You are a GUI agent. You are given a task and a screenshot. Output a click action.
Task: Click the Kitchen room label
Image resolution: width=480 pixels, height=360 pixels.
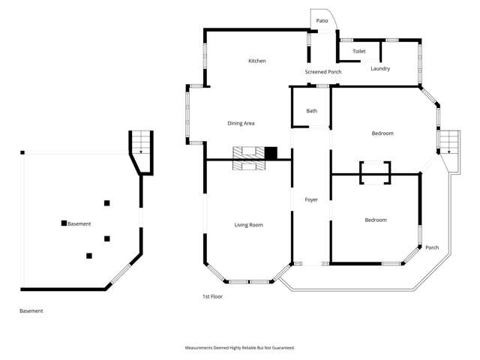pos(257,61)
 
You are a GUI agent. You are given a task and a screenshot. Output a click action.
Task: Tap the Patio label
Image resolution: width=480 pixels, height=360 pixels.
pos(322,21)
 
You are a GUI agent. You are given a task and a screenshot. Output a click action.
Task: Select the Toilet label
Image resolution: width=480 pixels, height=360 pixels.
pos(359,52)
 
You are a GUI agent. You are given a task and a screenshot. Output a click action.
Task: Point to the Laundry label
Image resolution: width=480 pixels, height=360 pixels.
pos(380,69)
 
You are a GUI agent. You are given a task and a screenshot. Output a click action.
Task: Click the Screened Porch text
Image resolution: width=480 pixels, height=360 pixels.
pos(323,72)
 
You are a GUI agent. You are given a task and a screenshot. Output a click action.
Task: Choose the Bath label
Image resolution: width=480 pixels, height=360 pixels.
pos(311,111)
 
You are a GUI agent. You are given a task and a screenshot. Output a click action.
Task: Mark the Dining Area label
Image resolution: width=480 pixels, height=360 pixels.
pos(243,123)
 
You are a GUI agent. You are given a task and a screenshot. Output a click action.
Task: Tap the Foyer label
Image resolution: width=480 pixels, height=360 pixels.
pos(311,199)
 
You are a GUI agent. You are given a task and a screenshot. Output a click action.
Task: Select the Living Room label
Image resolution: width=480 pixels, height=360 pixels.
pos(248,225)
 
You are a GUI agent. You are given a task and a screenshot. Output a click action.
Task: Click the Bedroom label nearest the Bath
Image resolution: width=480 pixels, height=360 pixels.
pos(382,133)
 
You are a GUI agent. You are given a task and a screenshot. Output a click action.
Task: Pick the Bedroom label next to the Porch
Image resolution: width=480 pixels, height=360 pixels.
pos(376,220)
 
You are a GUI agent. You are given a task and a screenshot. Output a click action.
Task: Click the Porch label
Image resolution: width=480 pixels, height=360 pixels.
pos(432,247)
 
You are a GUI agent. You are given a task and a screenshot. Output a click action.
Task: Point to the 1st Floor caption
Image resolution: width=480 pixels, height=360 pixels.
pos(212,296)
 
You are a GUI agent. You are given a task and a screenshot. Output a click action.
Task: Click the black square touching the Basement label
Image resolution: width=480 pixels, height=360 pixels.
pos(64,223)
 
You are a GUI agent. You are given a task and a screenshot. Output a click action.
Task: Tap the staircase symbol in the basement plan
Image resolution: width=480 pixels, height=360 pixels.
pos(141,142)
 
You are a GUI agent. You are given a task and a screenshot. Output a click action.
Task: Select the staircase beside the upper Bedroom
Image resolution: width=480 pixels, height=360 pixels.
pos(448,141)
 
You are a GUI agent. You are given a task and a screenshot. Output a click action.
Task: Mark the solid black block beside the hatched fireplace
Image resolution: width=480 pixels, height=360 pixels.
pos(271,153)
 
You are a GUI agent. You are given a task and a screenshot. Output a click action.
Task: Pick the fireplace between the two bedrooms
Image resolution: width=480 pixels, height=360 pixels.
pos(375,172)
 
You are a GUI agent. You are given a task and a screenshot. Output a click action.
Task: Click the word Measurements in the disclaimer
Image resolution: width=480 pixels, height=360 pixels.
pos(201,348)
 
